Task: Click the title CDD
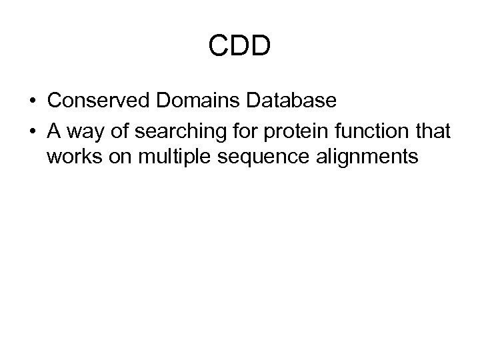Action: [x=240, y=46]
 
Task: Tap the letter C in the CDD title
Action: [x=218, y=46]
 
